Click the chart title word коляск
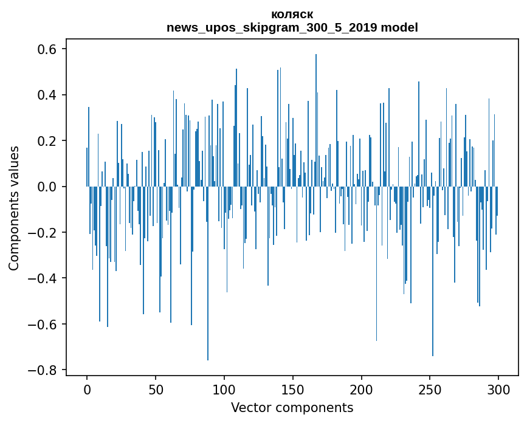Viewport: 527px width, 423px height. tap(292, 15)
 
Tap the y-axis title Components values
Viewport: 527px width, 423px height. tap(14, 208)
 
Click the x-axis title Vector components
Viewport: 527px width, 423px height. tap(292, 407)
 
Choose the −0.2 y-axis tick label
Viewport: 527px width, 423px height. tap(44, 233)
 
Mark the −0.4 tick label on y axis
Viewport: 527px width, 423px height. tap(44, 278)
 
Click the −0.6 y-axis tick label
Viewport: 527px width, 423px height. tap(44, 324)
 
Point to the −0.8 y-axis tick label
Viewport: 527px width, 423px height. tap(44, 370)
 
